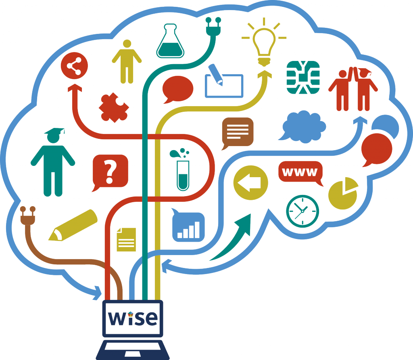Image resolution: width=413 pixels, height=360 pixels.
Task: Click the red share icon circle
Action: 74,67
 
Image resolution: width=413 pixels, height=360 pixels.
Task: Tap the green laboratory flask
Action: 170,42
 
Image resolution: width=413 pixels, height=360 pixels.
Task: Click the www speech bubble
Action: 300,173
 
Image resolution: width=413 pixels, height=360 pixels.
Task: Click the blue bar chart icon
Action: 188,226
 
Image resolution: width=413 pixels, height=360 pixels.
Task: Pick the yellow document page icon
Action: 126,239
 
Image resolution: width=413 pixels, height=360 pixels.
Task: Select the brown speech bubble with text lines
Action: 237,132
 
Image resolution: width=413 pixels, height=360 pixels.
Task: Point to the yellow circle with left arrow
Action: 250,183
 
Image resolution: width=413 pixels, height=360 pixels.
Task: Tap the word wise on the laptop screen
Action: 133,318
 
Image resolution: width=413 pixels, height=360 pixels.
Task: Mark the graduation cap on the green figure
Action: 55,132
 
